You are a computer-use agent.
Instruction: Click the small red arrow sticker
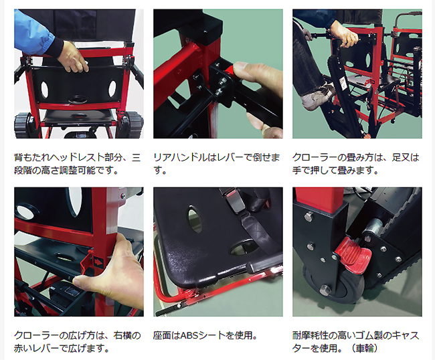(98, 261)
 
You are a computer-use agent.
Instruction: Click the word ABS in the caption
(189, 336)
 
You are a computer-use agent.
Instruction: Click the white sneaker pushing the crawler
(316, 96)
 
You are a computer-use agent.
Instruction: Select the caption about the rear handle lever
(216, 164)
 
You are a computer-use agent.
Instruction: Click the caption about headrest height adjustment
(78, 164)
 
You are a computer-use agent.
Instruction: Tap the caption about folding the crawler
(355, 164)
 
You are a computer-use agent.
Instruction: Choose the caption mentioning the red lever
(78, 342)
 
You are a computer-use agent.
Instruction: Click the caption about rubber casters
(355, 342)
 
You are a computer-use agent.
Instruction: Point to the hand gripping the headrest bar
(73, 56)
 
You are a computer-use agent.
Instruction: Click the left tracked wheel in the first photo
(21, 124)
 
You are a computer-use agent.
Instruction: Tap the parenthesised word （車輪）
(363, 348)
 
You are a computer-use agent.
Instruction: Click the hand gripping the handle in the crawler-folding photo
(344, 37)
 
